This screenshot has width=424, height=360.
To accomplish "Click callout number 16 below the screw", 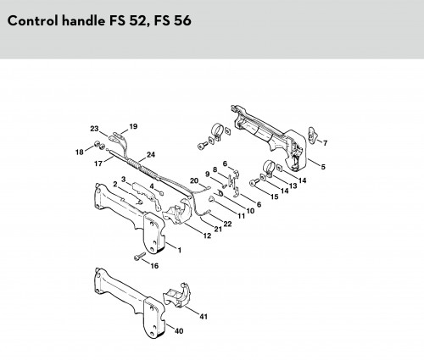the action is point(154,266).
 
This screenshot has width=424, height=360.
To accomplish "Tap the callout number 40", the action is point(179,330).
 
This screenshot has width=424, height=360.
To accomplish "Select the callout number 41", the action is point(204,317).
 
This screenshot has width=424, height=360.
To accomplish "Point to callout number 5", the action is point(323,167).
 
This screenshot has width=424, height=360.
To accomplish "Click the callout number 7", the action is point(325,143).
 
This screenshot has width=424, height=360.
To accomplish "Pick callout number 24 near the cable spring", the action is point(151,155).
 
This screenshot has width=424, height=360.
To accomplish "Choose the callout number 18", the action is point(80,152).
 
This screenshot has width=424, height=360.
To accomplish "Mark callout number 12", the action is point(207,235).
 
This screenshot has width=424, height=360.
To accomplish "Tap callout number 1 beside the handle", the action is point(180,250).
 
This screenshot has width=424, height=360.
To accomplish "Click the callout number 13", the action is point(293,186).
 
